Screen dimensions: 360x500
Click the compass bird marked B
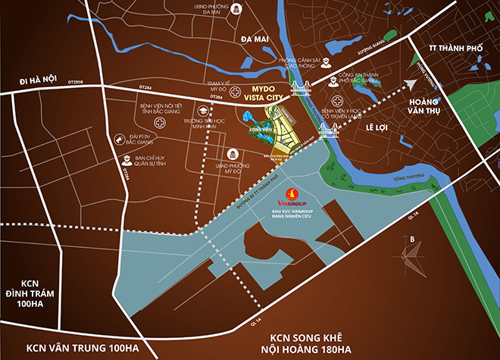(414, 256)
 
